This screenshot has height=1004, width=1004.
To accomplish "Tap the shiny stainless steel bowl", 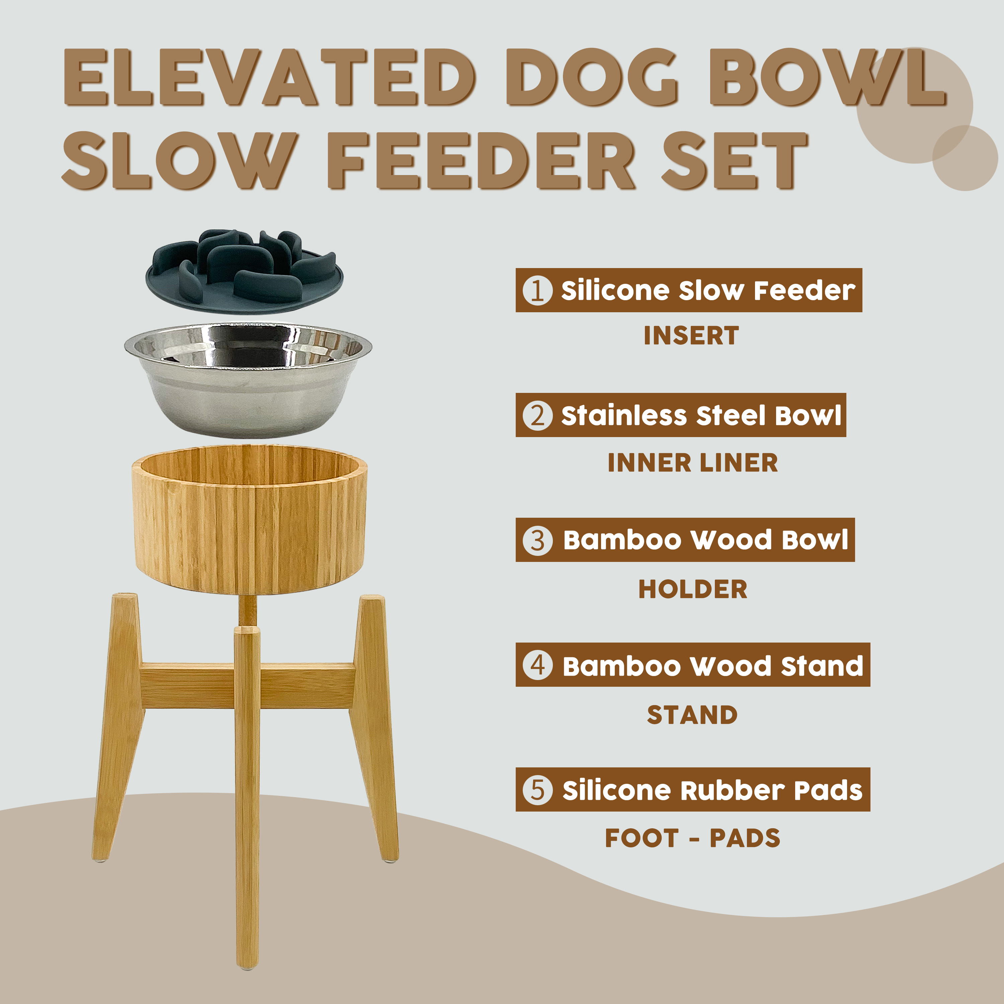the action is click(248, 381).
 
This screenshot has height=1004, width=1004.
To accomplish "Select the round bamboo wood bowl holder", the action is click(249, 520).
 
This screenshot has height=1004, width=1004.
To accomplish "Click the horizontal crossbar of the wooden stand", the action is click(247, 685).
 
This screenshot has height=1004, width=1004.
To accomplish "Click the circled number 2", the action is click(537, 415).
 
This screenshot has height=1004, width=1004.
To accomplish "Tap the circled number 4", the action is click(537, 665).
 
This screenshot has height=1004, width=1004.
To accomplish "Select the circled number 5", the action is click(537, 789).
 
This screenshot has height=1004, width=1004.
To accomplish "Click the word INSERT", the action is click(691, 336).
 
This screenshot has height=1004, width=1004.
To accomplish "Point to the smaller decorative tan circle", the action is click(965, 158).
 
